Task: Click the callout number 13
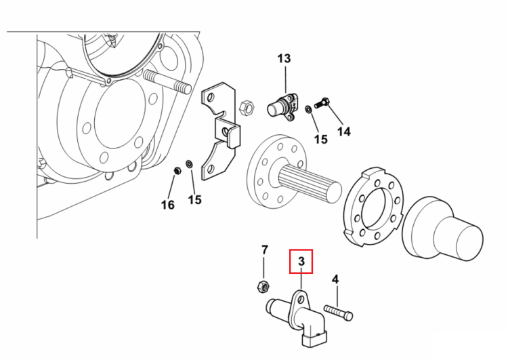coord(284,59)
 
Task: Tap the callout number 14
coord(343,132)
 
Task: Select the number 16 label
coord(167,205)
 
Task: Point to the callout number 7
coord(265,250)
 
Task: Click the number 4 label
coord(335,279)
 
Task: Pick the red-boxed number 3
coord(301,261)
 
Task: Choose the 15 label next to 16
coord(194,200)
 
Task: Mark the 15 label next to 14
coord(321,140)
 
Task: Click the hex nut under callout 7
coord(263,287)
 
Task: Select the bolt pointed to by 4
coord(338,313)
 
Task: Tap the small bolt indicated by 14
coord(322,103)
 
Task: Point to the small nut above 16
coord(177,170)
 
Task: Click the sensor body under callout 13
coord(282,106)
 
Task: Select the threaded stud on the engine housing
coord(167,82)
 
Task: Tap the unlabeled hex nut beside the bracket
coord(247,107)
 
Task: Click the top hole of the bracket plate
coord(211,97)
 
